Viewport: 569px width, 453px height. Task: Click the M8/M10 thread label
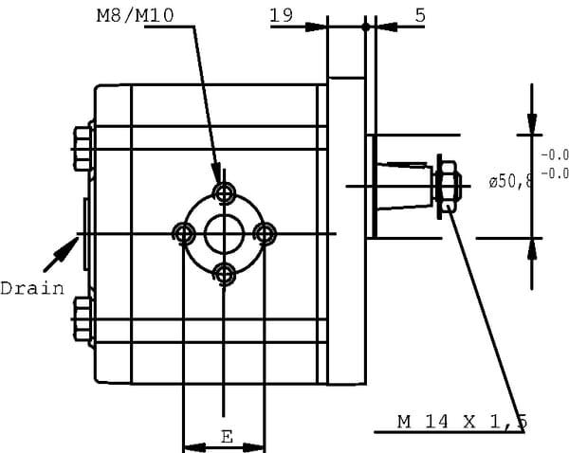[136, 16]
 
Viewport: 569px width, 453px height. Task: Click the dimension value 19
[280, 15]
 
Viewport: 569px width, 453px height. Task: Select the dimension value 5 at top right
[420, 15]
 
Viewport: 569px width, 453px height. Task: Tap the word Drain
[32, 288]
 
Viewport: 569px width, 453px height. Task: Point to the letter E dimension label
[226, 436]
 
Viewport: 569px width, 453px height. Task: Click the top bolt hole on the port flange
[225, 194]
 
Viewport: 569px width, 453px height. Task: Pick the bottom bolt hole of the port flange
[225, 274]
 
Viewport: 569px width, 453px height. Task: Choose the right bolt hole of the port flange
[266, 233]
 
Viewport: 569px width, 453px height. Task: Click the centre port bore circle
[225, 233]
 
